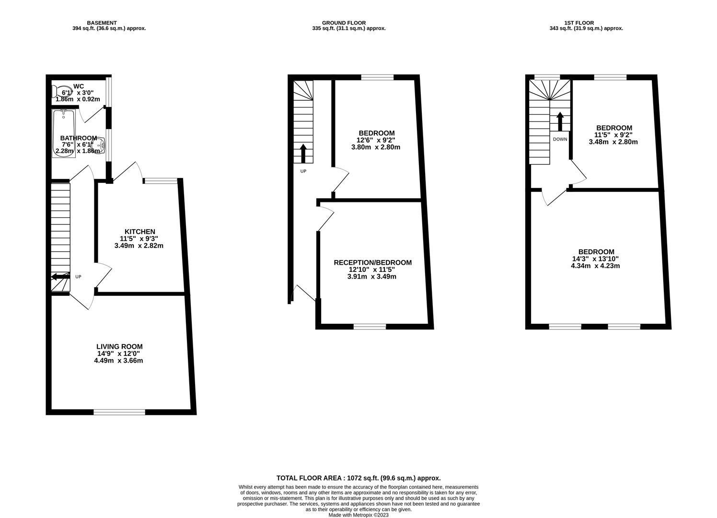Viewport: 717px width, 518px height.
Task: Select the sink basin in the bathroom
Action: coord(102,143)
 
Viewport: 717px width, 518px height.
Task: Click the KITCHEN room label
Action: coord(139,232)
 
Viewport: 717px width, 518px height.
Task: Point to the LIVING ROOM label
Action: coord(119,347)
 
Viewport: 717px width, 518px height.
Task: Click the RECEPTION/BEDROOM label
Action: coord(372,263)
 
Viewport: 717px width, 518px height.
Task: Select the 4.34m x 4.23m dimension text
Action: coord(596,266)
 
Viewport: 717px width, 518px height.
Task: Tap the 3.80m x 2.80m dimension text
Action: coord(376,147)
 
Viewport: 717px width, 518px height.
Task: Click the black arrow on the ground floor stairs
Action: coord(303,153)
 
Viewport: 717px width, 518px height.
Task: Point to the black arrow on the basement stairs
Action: coord(60,276)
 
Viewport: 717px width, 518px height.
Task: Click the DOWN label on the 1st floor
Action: coord(560,140)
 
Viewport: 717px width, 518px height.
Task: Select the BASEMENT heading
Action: coord(102,23)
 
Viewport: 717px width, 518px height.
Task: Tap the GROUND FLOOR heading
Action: coord(344,23)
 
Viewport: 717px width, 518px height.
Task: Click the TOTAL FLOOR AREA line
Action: coord(358,478)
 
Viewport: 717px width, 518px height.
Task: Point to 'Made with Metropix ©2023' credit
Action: coord(358,515)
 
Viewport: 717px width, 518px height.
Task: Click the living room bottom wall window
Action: coord(119,412)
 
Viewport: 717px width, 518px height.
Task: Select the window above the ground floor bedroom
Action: coord(377,77)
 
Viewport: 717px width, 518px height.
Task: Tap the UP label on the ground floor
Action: coord(303,171)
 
